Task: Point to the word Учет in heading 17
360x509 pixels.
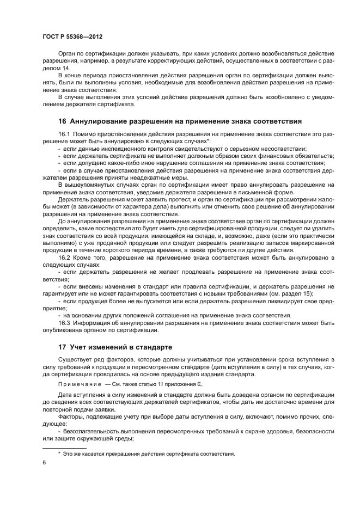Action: [80, 347]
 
